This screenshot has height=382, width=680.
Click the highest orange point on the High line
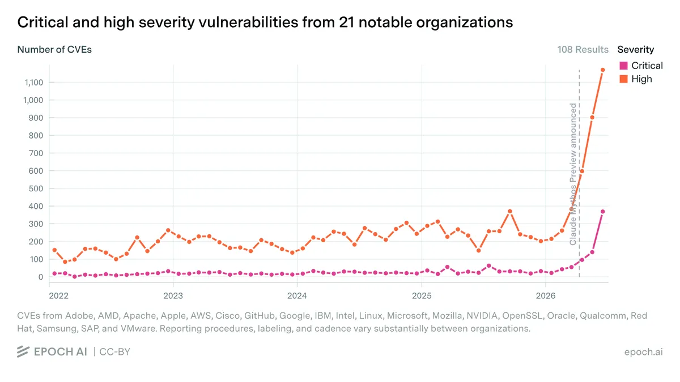(602, 70)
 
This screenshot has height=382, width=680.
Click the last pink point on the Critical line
(602, 212)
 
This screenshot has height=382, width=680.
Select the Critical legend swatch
(623, 66)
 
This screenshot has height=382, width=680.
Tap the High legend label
(641, 79)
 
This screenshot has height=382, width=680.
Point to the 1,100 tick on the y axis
(33, 83)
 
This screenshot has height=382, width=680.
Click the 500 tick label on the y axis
(36, 188)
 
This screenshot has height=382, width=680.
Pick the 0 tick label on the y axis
(41, 277)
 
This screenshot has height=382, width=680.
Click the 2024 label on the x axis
(297, 295)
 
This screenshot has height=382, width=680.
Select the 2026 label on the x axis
(546, 295)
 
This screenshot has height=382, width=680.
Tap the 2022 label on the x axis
(59, 295)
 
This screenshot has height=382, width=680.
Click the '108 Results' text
(583, 49)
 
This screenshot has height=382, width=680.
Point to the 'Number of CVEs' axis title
(54, 49)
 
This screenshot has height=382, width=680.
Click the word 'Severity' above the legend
(636, 49)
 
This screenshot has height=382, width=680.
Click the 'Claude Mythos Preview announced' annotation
(573, 174)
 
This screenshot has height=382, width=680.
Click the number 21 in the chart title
(346, 23)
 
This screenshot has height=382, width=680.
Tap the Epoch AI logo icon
(23, 351)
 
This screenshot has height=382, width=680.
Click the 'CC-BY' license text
(114, 351)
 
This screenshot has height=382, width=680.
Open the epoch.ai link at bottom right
(643, 351)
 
